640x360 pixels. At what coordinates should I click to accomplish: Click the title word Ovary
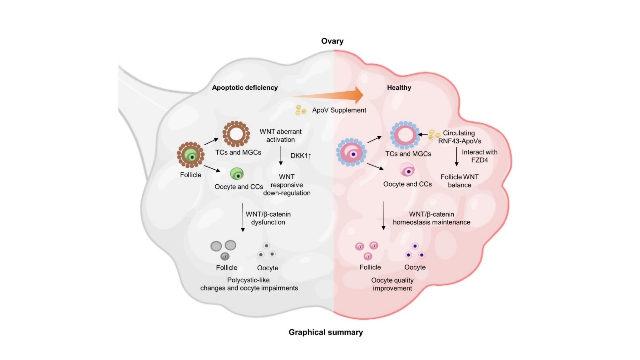click(x=332, y=41)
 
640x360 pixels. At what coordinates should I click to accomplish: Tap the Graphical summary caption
click(x=325, y=332)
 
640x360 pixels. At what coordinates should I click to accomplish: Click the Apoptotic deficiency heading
click(x=245, y=88)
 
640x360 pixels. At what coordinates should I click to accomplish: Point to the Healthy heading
click(x=399, y=88)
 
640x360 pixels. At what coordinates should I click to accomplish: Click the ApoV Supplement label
click(x=339, y=110)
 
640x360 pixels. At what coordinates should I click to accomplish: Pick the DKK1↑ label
click(x=301, y=156)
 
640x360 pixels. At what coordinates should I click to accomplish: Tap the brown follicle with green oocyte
click(x=191, y=155)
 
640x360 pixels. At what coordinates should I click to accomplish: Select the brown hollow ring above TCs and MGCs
click(x=236, y=134)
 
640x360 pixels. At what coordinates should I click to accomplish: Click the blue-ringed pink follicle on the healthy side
click(x=351, y=152)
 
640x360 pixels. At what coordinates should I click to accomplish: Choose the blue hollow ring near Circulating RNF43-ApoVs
click(x=405, y=135)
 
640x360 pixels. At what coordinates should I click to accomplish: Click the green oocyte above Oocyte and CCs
click(x=237, y=174)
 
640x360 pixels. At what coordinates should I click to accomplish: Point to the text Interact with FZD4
click(x=479, y=156)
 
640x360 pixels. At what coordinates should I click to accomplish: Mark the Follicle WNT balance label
click(x=459, y=181)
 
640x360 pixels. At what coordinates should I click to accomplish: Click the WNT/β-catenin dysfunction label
click(x=268, y=218)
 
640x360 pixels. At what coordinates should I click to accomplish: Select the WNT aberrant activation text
click(x=280, y=136)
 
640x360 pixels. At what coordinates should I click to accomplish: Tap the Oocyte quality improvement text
click(x=392, y=284)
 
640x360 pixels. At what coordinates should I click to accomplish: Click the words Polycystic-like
click(x=248, y=280)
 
